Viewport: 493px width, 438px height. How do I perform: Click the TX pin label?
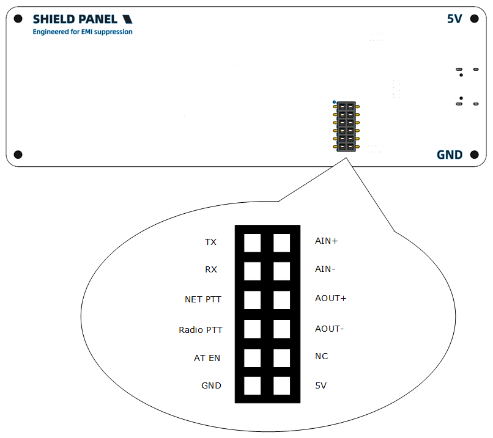coord(210,242)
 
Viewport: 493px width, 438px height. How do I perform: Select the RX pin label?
coord(211,269)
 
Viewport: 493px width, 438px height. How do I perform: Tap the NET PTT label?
coord(203,299)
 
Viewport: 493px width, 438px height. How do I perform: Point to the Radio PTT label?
coord(201,330)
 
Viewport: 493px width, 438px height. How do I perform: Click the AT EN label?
coord(207,358)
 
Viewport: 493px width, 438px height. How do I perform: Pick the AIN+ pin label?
coord(326,241)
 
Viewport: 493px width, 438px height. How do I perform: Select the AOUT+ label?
coord(330,298)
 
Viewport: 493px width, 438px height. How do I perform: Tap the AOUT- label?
coord(329,329)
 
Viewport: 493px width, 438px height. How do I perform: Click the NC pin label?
coord(321,356)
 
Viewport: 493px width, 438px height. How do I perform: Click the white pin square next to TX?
coord(252,243)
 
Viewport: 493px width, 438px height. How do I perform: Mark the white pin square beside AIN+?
coord(281,243)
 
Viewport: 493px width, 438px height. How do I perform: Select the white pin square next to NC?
coord(281,357)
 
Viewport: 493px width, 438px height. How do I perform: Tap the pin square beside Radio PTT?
coord(252,329)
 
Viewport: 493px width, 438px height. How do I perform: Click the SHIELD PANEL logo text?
coord(75,19)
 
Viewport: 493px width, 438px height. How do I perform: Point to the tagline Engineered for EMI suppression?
coord(83,32)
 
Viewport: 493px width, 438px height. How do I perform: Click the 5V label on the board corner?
coord(454,19)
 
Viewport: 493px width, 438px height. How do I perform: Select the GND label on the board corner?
coord(450,155)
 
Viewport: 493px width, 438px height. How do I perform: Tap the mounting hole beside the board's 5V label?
coord(474,19)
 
